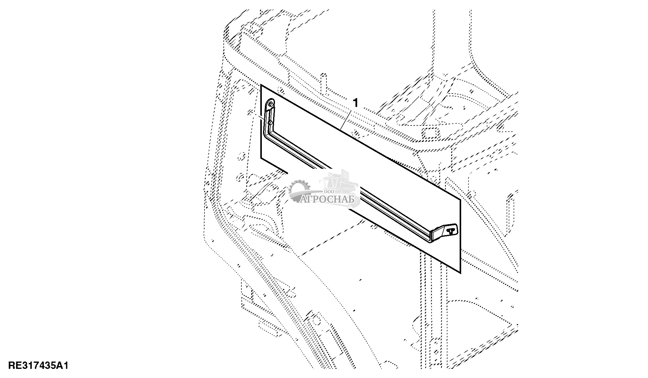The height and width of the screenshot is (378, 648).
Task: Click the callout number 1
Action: [355, 102]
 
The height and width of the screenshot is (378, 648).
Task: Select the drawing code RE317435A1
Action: [38, 366]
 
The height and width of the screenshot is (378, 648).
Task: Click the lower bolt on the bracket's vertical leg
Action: [270, 122]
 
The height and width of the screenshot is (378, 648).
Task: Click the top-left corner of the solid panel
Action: [261, 85]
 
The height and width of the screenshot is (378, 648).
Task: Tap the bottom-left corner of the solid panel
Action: [261, 158]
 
